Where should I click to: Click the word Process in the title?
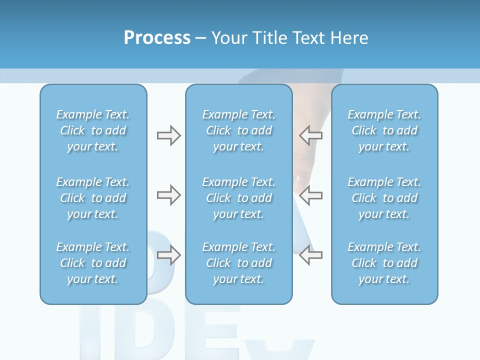coord(157,38)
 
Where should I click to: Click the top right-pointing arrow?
coord(168,135)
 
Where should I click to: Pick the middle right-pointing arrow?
coord(168,195)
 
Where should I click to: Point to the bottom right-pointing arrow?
coord(168,255)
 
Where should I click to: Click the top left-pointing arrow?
coord(310,135)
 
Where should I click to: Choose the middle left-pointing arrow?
coord(310,195)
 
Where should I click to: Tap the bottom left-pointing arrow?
coord(310,255)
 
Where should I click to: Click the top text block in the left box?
coord(93,130)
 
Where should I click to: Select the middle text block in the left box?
coord(93,198)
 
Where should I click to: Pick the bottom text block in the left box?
coord(93,263)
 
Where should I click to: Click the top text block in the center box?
coord(239,130)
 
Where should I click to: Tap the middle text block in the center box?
coord(239,198)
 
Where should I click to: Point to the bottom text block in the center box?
coord(239,263)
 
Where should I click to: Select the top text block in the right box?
coord(384,130)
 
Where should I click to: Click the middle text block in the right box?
coord(384,198)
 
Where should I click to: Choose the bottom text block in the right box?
coord(384,263)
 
